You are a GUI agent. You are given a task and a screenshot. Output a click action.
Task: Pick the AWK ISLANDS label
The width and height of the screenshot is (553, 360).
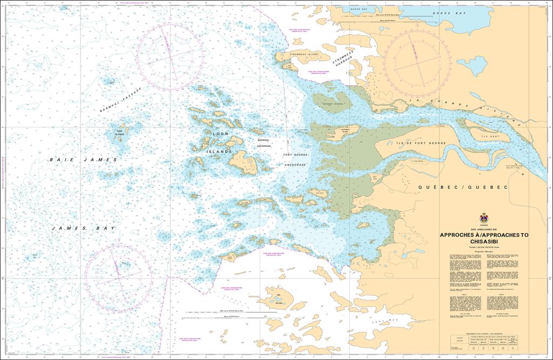tap(119, 132)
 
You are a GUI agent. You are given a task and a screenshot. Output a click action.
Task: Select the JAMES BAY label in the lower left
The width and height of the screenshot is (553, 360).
tap(83, 229)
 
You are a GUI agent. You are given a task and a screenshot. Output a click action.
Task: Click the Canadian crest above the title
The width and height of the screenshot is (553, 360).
tap(484, 219)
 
